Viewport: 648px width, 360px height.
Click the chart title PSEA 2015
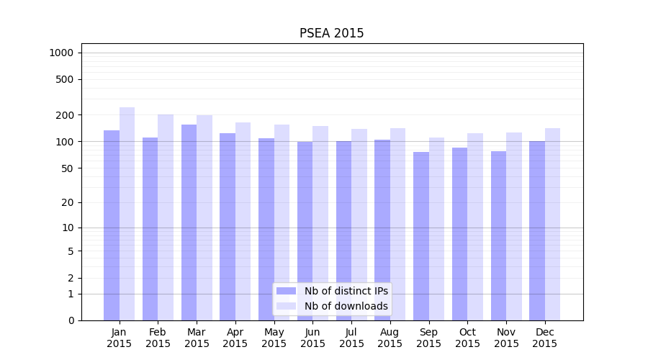[x=331, y=34]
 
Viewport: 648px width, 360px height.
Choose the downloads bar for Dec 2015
[x=552, y=224]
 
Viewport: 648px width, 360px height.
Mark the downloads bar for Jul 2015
[x=359, y=224]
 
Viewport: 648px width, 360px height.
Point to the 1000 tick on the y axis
[x=61, y=53]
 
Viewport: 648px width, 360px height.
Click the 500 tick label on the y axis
[x=65, y=79]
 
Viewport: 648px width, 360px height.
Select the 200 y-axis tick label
[x=65, y=115]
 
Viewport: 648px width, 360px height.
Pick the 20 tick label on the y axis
[x=68, y=202]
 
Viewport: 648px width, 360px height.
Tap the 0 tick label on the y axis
[x=71, y=320]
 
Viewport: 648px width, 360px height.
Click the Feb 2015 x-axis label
[x=158, y=338]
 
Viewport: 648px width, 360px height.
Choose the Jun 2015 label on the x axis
[x=312, y=338]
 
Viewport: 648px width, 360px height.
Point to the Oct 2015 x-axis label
[x=467, y=338]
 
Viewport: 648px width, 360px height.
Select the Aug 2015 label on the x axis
[x=390, y=338]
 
